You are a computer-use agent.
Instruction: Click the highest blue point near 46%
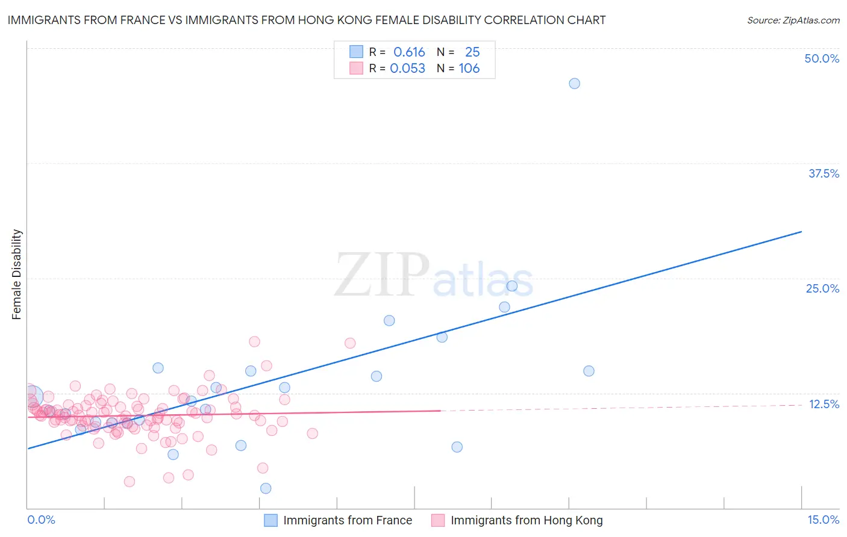coord(574,84)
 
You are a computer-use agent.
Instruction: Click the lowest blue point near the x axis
coord(266,488)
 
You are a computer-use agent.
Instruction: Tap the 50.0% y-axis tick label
coord(822,58)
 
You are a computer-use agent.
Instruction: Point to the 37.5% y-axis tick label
coord(824,173)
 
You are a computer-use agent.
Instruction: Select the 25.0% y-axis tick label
coord(822,288)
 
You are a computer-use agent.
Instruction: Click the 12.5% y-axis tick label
coord(824,404)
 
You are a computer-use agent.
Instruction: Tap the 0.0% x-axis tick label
coord(41,520)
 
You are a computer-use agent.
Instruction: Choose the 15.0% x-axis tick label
coord(823,520)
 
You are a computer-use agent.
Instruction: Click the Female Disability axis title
coord(17,274)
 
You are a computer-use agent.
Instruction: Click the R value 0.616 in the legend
coord(409,52)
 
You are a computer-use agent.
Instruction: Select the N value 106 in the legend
coord(469,69)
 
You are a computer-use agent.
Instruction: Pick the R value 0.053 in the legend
coord(407,69)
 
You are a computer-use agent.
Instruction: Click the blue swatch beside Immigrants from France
coord(271,520)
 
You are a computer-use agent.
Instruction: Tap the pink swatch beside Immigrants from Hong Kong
coord(438,520)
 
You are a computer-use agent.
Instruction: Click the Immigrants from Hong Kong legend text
coord(527,520)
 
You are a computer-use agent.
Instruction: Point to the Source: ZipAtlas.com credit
coord(793,20)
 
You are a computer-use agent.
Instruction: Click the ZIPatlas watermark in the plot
coord(434,275)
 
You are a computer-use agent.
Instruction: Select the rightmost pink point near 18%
coord(350,343)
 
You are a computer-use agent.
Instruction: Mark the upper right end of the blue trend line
coord(801,232)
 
